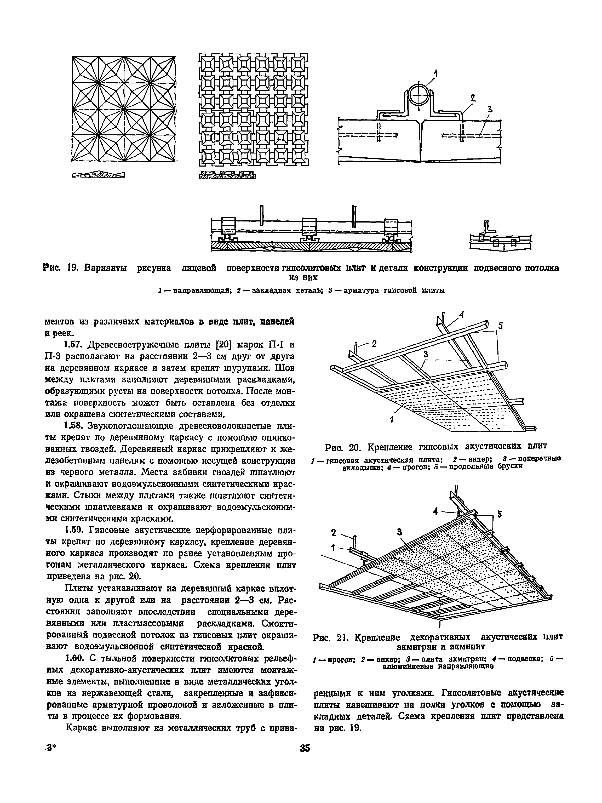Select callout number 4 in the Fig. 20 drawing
pyautogui.click(x=461, y=315)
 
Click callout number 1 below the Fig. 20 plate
pyautogui.click(x=392, y=420)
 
